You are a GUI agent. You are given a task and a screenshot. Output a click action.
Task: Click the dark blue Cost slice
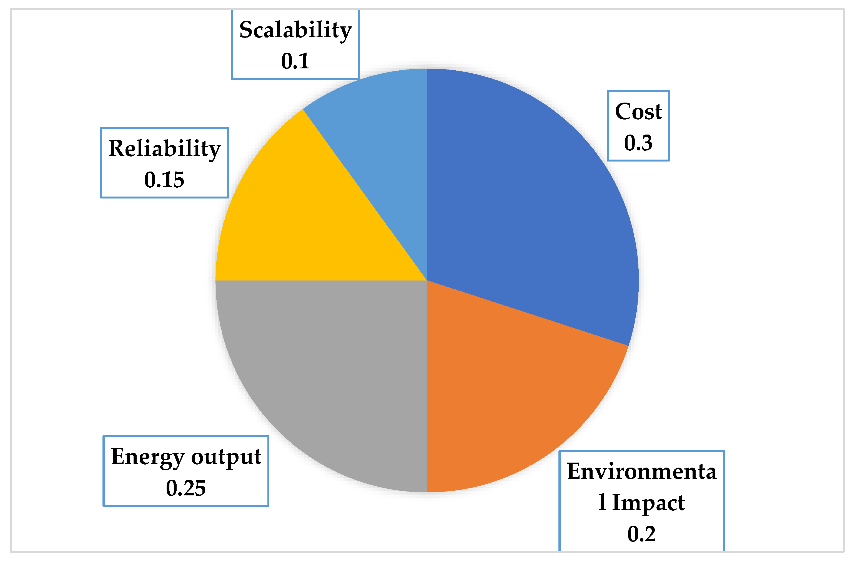click(x=532, y=201)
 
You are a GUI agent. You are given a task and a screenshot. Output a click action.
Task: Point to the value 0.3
click(x=638, y=143)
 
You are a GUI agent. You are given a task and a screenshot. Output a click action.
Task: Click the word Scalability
click(x=295, y=30)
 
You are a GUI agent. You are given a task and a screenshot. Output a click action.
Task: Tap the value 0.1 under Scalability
click(x=295, y=61)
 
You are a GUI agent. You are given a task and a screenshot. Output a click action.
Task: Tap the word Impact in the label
click(x=648, y=503)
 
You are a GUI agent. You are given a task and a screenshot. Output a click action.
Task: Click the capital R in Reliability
click(x=116, y=148)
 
